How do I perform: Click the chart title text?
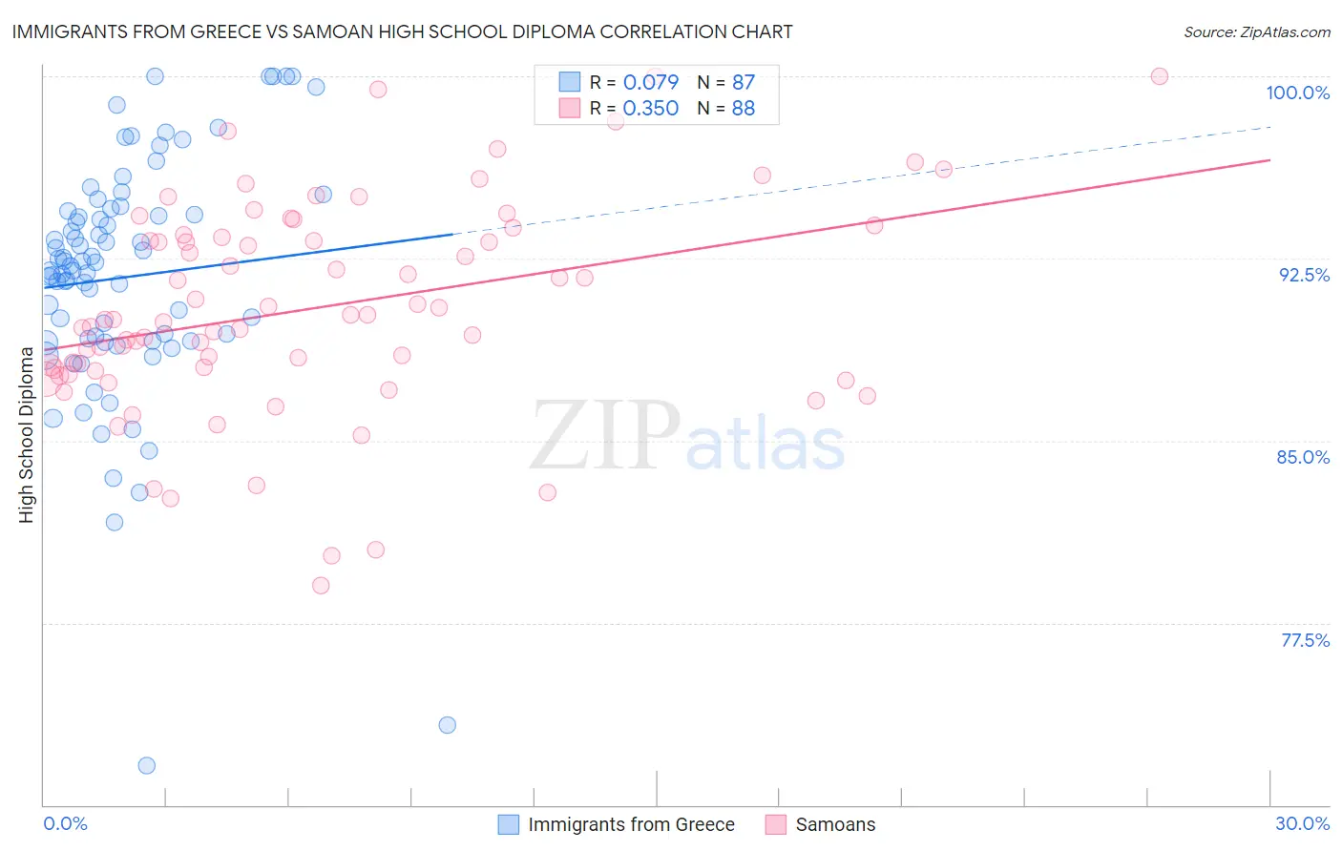point(402,31)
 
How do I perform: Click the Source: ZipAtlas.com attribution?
point(1256,32)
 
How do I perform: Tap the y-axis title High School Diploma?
point(26,435)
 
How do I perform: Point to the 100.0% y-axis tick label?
point(1297,93)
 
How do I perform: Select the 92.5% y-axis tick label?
point(1304,275)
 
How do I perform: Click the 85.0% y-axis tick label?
point(1303,457)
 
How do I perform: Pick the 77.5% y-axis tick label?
point(1305,640)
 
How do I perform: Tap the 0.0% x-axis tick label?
point(65,823)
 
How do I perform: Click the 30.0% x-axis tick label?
point(1302,823)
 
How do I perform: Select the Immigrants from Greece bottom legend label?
point(631,824)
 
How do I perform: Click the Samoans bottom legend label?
point(835,824)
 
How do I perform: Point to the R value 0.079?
point(650,82)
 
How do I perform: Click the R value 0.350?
point(650,109)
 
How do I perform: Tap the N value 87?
point(743,82)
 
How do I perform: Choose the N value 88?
point(743,109)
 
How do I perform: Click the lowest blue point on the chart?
point(147,765)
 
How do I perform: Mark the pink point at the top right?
point(1159,76)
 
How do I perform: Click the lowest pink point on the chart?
point(321,585)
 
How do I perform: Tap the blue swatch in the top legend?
point(570,82)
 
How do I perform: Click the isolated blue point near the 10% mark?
point(447,725)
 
